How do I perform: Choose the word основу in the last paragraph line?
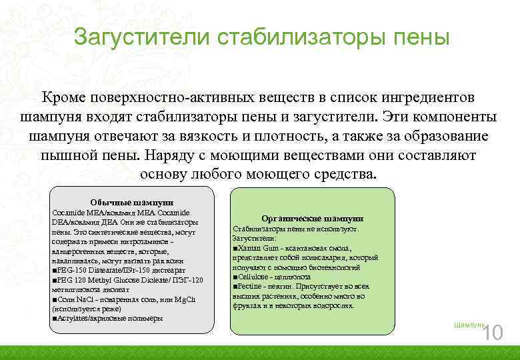[166, 175]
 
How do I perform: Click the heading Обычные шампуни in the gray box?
[132, 202]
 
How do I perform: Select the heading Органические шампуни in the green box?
[312, 218]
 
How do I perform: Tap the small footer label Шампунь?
[467, 324]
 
